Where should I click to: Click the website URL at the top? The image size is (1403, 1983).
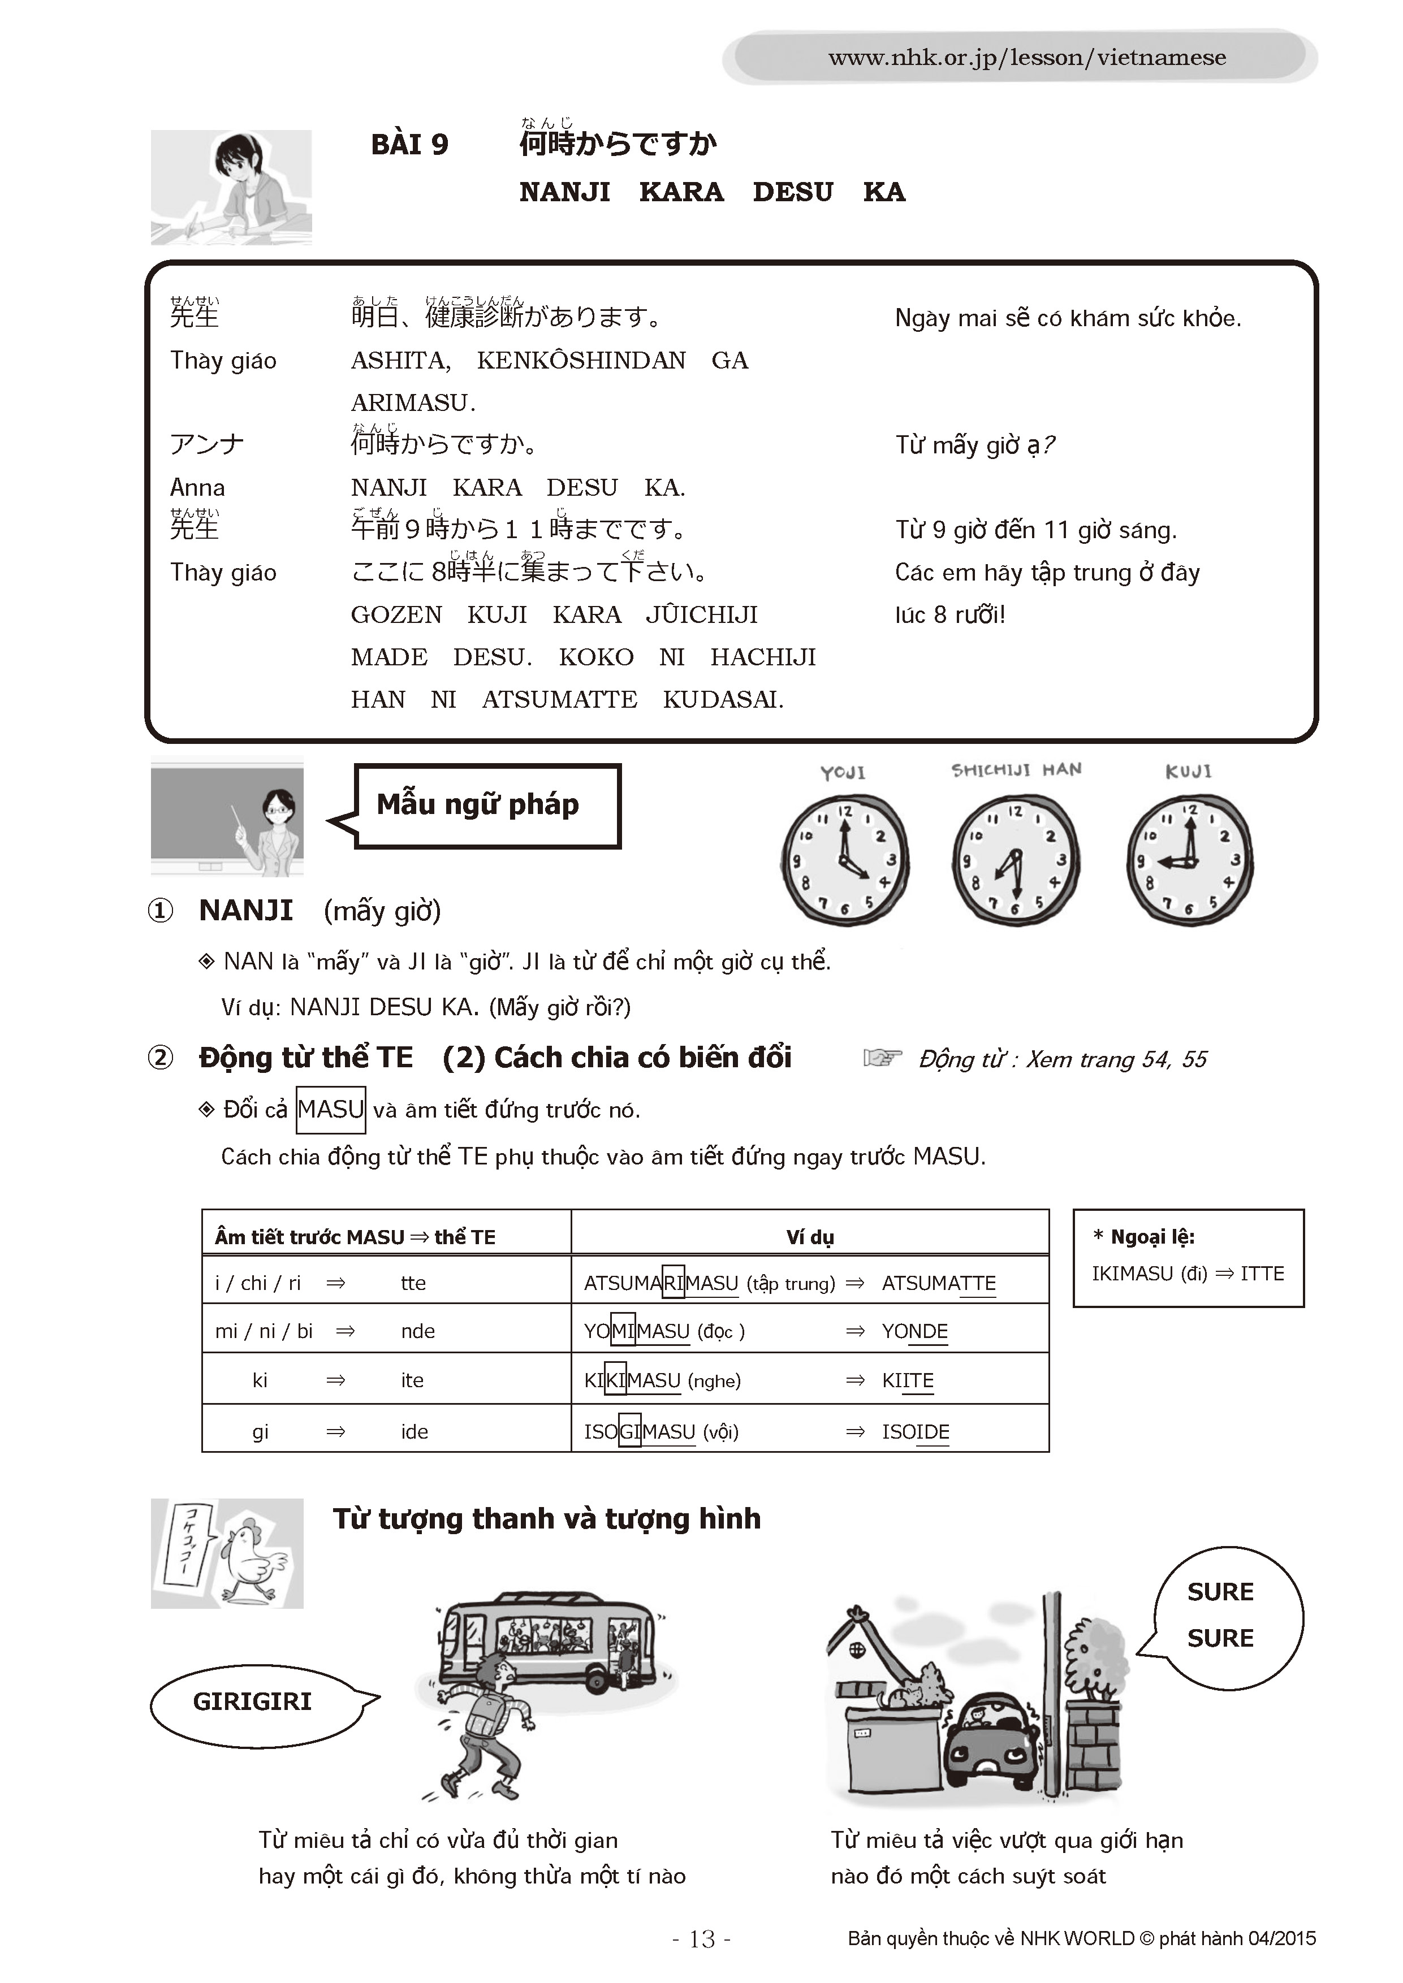[1026, 58]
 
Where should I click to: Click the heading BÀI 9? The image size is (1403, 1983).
[409, 144]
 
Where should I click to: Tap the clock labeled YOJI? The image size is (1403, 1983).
[845, 860]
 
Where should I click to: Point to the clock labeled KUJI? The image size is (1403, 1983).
[1190, 860]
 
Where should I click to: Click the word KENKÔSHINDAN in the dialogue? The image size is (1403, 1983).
[581, 360]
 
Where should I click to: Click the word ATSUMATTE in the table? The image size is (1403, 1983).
[938, 1283]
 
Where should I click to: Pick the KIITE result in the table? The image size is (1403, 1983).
[907, 1381]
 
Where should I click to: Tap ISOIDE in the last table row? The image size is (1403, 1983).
[915, 1432]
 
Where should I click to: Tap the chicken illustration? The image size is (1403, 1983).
[251, 1560]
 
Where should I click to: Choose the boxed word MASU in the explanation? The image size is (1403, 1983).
[331, 1110]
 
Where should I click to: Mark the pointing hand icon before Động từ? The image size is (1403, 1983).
[882, 1058]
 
